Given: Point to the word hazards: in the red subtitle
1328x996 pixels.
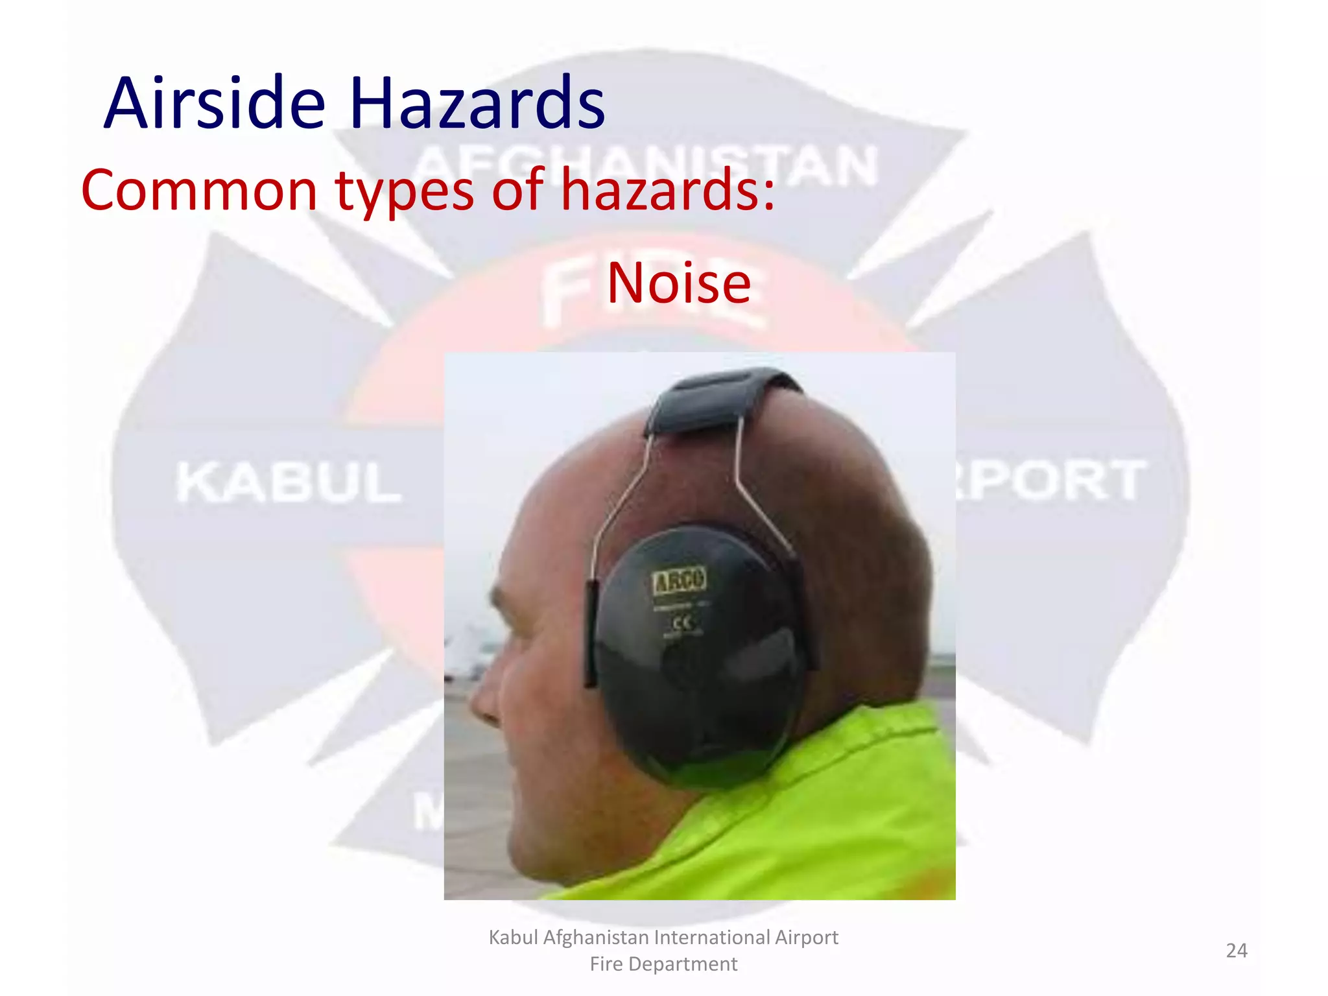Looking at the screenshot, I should point(668,190).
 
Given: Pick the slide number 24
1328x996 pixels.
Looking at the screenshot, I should point(1236,951).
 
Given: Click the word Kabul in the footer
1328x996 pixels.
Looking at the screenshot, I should point(513,938).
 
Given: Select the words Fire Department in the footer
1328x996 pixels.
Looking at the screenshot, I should point(663,964).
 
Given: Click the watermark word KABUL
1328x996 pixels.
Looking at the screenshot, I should point(289,483).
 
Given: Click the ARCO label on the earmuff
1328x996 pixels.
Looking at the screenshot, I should point(679,580).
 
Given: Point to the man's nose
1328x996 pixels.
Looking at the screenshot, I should point(483,704).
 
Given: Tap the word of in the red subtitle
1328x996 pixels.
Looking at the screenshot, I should point(517,190).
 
